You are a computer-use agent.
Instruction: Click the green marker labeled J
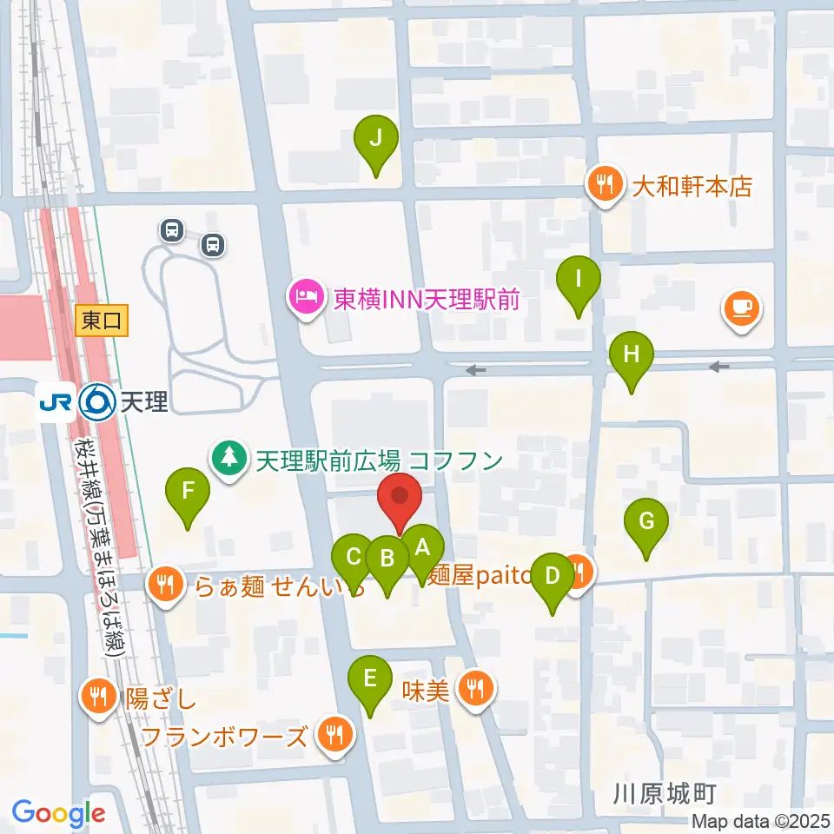(x=376, y=139)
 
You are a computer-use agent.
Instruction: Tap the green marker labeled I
(x=579, y=280)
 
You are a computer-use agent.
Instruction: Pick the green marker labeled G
(x=646, y=522)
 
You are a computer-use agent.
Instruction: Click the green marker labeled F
(x=188, y=492)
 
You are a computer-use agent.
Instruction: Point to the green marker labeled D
(x=552, y=577)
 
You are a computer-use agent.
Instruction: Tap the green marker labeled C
(x=354, y=557)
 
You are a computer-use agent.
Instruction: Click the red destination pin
(x=400, y=498)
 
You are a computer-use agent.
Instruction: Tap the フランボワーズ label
(x=224, y=738)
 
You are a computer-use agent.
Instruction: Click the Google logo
(x=58, y=813)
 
